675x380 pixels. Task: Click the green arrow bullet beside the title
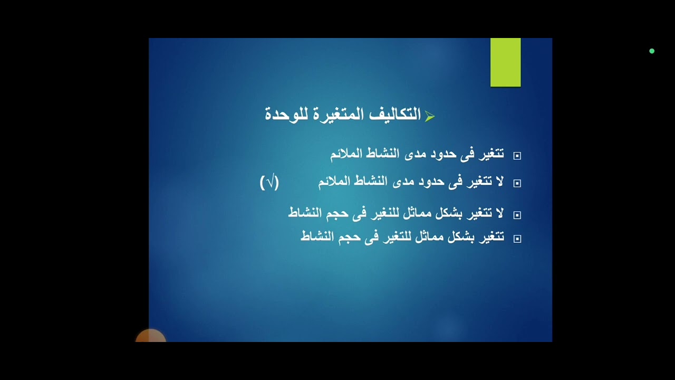429,117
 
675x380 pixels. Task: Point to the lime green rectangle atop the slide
505,62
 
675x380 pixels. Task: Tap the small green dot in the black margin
652,51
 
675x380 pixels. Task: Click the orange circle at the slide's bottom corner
151,337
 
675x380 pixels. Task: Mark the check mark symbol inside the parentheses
269,183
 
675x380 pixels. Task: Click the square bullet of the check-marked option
517,183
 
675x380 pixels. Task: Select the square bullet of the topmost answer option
517,156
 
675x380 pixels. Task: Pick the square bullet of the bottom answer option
517,239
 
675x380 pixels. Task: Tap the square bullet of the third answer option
517,215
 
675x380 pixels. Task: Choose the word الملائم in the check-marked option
334,182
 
